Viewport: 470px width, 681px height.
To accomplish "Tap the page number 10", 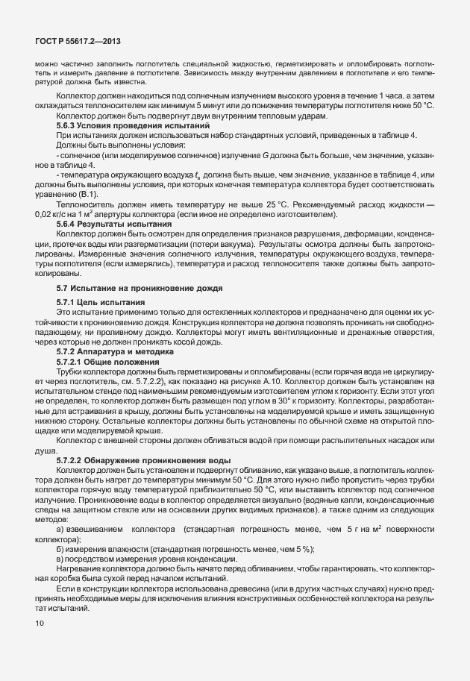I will [39, 621].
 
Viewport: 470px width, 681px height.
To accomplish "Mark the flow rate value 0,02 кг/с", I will [52, 214].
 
